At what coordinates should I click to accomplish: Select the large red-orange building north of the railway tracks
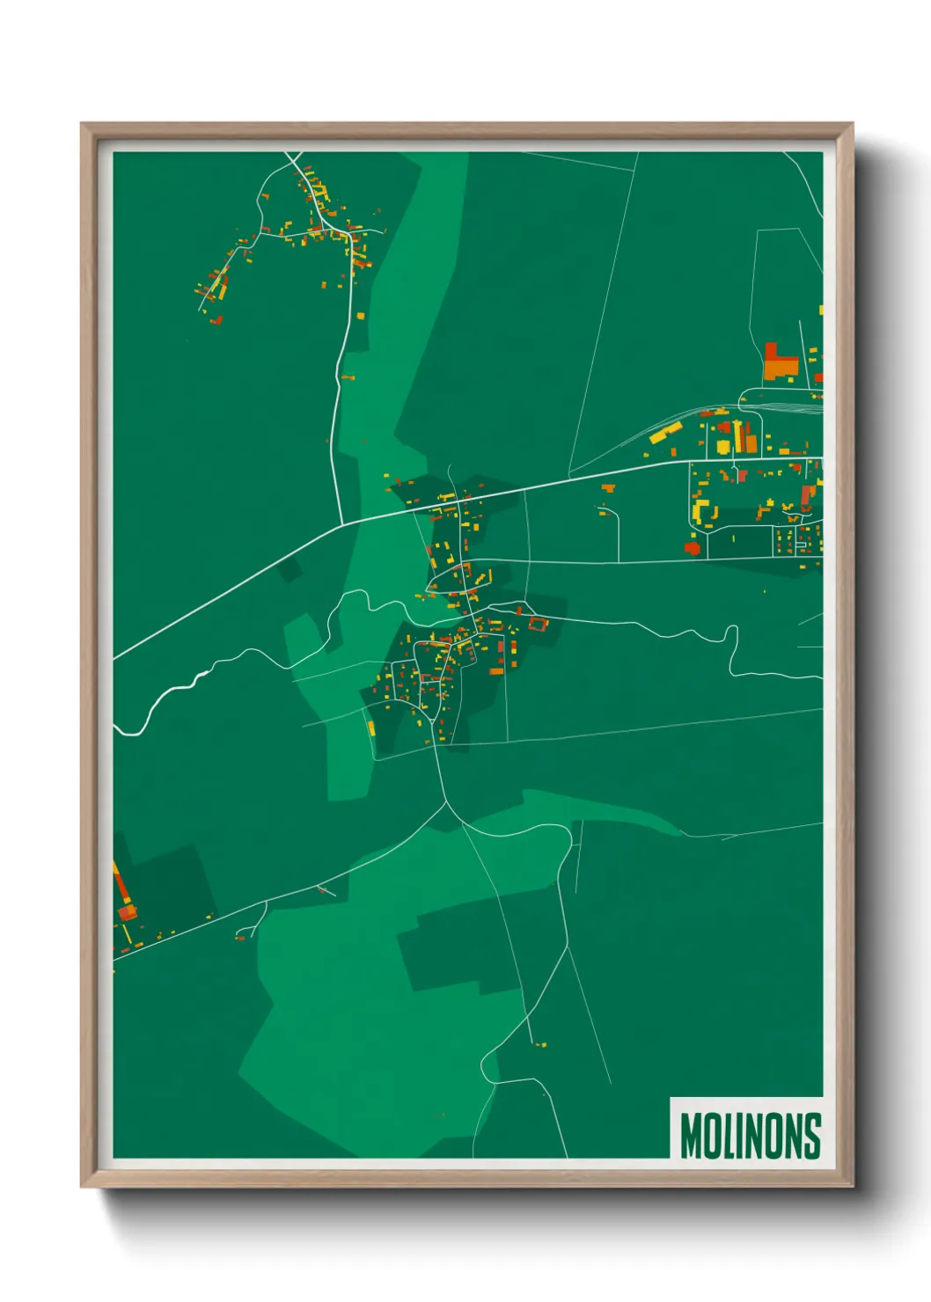point(779,362)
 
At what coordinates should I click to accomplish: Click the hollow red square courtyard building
point(537,625)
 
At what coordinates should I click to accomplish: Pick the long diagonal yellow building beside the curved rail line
point(666,432)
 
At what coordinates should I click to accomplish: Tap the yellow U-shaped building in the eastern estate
point(702,511)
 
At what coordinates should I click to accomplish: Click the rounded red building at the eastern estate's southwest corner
point(693,548)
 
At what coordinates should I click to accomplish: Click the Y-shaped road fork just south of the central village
point(450,805)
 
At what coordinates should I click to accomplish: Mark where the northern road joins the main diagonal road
point(342,525)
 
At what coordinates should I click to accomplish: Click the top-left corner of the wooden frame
point(82,124)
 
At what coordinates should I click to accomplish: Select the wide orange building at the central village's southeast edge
point(496,671)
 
